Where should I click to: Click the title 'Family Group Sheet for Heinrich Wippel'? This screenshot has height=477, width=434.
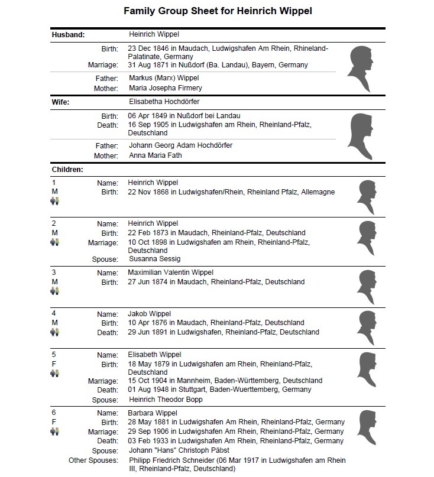tap(216, 11)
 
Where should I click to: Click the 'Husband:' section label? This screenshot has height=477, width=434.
tap(68, 34)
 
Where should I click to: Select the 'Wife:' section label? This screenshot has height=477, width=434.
tap(61, 102)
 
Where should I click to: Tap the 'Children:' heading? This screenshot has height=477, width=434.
tap(67, 170)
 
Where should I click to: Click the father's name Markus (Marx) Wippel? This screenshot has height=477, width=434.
tap(164, 78)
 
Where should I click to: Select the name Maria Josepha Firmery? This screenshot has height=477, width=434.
tap(165, 88)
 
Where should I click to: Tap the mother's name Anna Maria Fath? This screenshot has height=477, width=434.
tap(156, 155)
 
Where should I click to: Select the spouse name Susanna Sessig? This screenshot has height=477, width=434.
tap(154, 259)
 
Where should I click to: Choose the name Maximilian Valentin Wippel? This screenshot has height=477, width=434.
tap(170, 272)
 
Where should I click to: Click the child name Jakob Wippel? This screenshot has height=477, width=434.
tap(149, 313)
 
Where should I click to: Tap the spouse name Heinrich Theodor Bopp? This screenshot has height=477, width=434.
tap(165, 400)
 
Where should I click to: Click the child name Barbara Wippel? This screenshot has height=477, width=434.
tap(153, 413)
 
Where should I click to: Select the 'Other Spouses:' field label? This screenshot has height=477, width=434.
tap(93, 460)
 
